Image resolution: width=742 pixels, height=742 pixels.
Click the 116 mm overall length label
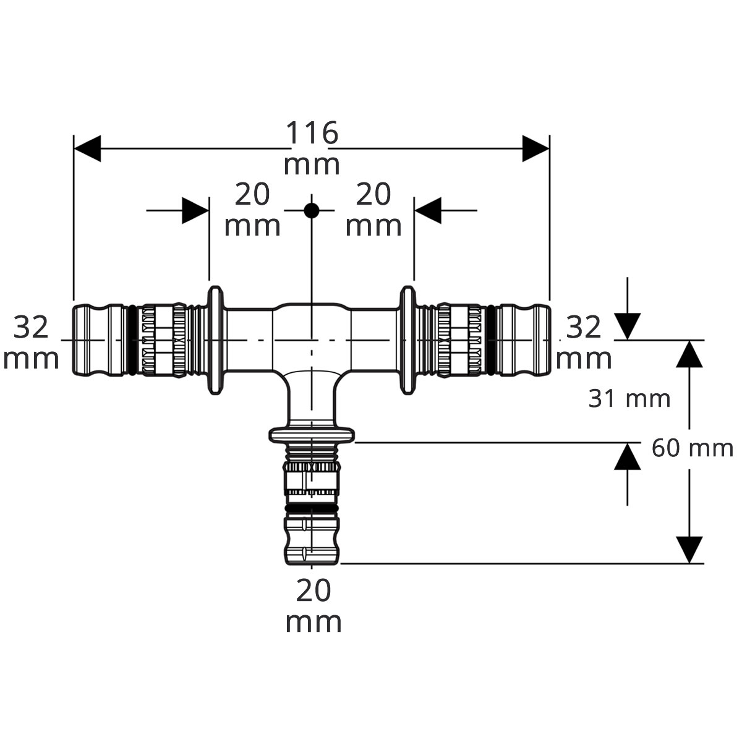(312, 148)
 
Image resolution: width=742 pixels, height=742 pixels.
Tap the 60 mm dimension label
(693, 448)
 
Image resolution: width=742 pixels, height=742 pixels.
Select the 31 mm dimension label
(629, 399)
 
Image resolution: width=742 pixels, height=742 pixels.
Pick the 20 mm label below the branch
(313, 606)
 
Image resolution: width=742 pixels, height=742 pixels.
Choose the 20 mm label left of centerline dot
(252, 210)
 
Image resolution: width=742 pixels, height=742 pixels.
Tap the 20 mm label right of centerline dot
(373, 210)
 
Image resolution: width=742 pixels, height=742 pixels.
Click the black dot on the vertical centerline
(312, 211)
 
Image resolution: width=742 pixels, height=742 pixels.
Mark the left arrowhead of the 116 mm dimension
(87, 148)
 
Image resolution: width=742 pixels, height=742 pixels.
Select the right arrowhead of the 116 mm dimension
(535, 148)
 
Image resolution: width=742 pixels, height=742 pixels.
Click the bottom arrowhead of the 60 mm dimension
(689, 550)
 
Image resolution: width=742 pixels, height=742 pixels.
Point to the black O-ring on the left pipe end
(131, 340)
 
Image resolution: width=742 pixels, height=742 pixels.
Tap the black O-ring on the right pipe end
(491, 340)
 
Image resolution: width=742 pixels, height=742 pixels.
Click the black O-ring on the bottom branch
(312, 509)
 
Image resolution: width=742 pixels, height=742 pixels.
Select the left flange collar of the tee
(216, 340)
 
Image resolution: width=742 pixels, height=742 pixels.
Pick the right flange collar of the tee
(407, 340)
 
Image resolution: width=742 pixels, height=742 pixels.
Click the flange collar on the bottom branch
(312, 435)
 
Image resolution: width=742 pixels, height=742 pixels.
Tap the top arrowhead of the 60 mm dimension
(689, 354)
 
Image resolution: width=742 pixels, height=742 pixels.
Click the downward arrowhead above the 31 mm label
(627, 326)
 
